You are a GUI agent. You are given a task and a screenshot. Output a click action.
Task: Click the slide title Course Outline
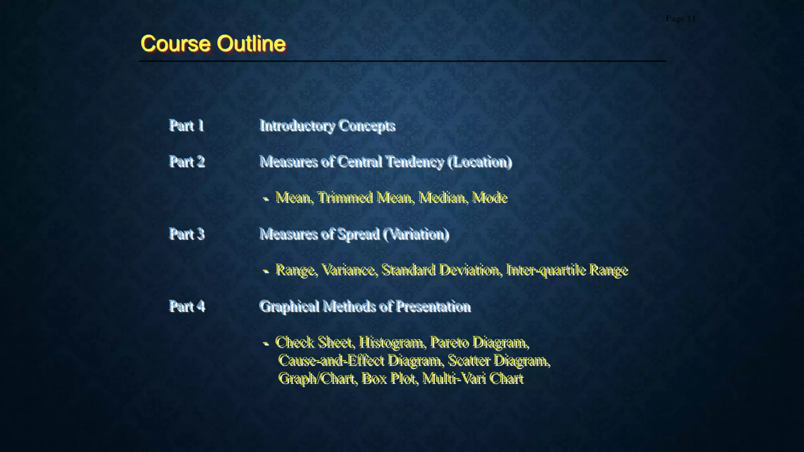click(x=213, y=43)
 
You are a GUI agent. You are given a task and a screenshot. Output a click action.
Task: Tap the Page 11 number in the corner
click(x=680, y=19)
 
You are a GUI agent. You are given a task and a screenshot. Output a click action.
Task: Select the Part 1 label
click(x=186, y=126)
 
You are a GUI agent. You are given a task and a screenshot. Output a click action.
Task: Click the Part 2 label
click(x=187, y=162)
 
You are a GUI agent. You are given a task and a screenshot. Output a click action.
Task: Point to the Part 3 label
click(x=187, y=234)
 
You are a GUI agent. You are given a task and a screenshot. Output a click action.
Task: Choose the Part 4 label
click(x=187, y=306)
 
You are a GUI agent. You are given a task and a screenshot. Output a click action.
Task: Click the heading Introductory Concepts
click(x=327, y=126)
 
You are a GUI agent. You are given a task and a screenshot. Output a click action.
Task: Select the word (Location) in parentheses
click(x=480, y=162)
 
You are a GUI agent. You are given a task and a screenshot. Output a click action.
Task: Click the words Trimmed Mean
click(x=365, y=197)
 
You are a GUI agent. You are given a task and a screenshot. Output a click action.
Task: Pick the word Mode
click(x=490, y=197)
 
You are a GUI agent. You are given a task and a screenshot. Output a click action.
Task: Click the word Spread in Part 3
click(x=358, y=234)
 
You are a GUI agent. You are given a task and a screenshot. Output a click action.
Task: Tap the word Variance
click(x=349, y=270)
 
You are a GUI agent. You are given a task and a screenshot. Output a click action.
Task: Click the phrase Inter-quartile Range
click(x=567, y=270)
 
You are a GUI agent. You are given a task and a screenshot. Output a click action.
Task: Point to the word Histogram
click(x=391, y=342)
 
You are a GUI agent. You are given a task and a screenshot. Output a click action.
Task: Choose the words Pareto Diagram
click(x=479, y=342)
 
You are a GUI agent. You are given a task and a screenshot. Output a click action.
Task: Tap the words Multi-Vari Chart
click(x=473, y=379)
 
